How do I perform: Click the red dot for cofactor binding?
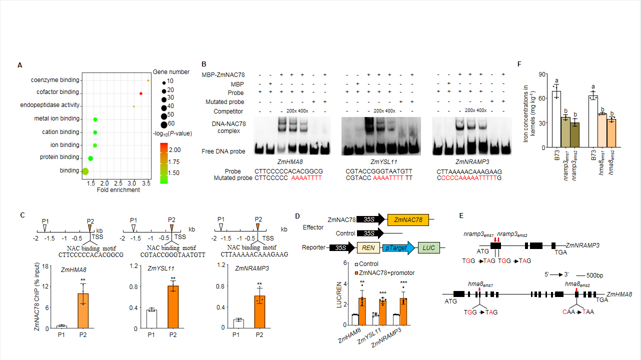click(141, 93)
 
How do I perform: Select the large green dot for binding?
click(85, 171)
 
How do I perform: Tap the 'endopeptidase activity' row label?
click(49, 105)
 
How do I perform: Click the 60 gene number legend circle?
click(164, 124)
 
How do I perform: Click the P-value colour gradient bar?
click(163, 162)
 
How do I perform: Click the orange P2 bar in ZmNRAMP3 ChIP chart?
click(258, 312)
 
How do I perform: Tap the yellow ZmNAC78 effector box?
click(408, 219)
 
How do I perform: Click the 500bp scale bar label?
click(602, 275)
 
